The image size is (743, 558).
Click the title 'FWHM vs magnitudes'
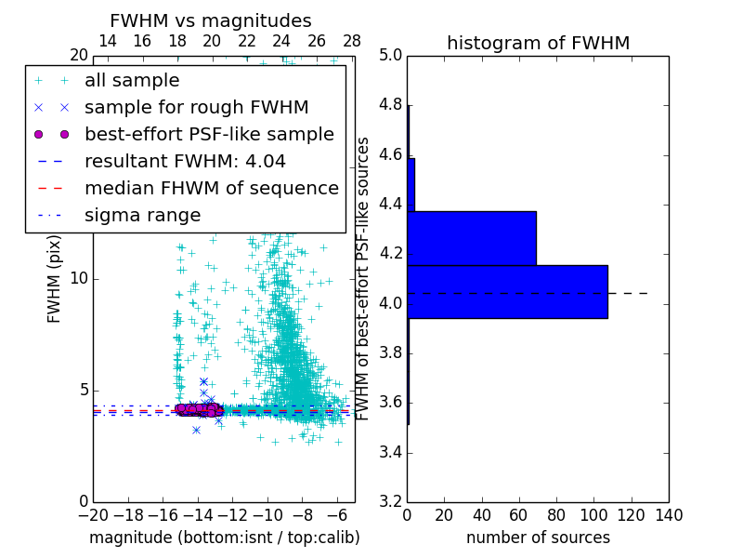tap(211, 20)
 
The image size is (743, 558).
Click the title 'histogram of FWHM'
tap(538, 43)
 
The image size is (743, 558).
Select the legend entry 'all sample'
tap(132, 81)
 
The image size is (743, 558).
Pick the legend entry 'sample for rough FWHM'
tap(197, 107)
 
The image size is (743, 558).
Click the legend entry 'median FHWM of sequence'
tap(212, 188)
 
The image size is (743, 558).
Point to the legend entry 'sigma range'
tap(142, 215)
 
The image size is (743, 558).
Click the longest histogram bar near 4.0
tap(507, 292)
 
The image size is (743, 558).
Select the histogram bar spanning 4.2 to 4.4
tap(472, 238)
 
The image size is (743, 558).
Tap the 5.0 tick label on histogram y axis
tap(390, 55)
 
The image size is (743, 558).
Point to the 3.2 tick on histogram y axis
tap(390, 502)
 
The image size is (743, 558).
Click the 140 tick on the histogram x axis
tap(669, 514)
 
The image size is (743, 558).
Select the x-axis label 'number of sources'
tap(538, 538)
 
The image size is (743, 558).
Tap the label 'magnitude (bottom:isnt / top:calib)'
tap(224, 538)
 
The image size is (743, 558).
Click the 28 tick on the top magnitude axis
tap(352, 41)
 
